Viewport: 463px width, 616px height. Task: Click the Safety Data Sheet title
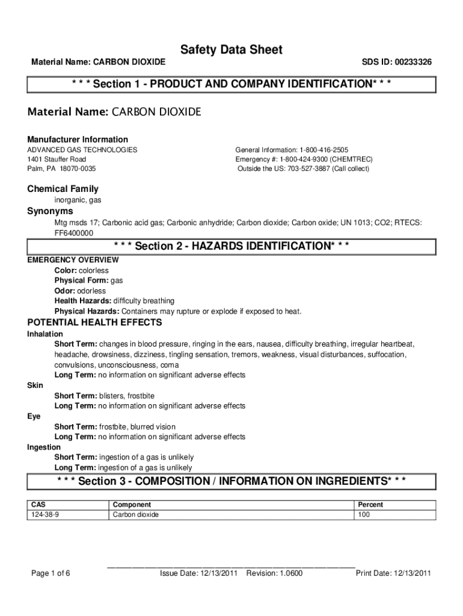(231, 50)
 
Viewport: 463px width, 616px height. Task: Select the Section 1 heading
(231, 84)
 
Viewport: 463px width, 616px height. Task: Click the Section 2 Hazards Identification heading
(231, 247)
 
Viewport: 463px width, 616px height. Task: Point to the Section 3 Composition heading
(231, 481)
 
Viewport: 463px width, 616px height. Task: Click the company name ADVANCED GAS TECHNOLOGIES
(82, 150)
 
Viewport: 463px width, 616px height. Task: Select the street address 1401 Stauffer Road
(57, 159)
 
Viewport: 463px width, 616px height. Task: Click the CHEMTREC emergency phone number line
(304, 159)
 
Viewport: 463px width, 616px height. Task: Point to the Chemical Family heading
(63, 189)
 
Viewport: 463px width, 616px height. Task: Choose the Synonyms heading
(50, 211)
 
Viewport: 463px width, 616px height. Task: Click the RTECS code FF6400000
(74, 233)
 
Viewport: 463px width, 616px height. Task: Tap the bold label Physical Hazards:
(87, 312)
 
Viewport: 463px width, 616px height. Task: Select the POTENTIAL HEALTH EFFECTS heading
(94, 322)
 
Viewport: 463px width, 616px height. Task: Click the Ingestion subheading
(44, 448)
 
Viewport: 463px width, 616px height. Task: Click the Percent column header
(370, 505)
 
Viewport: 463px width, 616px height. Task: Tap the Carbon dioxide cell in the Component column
(136, 515)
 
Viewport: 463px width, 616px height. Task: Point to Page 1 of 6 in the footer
(51, 573)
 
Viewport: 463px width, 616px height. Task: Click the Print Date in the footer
(393, 573)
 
